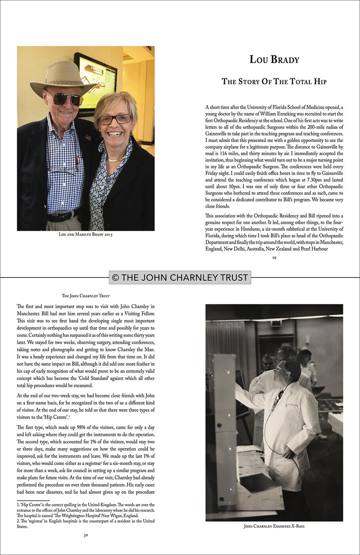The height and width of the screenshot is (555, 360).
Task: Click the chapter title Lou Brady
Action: [x=274, y=59]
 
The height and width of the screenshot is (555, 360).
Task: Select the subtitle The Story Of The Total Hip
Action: [x=274, y=82]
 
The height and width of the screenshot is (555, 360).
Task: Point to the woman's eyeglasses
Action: [x=114, y=119]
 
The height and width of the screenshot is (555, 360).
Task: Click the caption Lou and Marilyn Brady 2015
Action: [x=86, y=234]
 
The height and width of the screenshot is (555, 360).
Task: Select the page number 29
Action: [x=274, y=258]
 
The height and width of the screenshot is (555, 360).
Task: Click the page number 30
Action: [x=86, y=536]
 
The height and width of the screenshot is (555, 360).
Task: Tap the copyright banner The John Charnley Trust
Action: [x=180, y=277]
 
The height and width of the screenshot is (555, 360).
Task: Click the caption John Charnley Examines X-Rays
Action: [x=274, y=526]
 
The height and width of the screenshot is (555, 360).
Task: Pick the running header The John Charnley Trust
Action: [x=86, y=296]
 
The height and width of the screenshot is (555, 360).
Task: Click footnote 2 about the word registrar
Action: [x=86, y=524]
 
